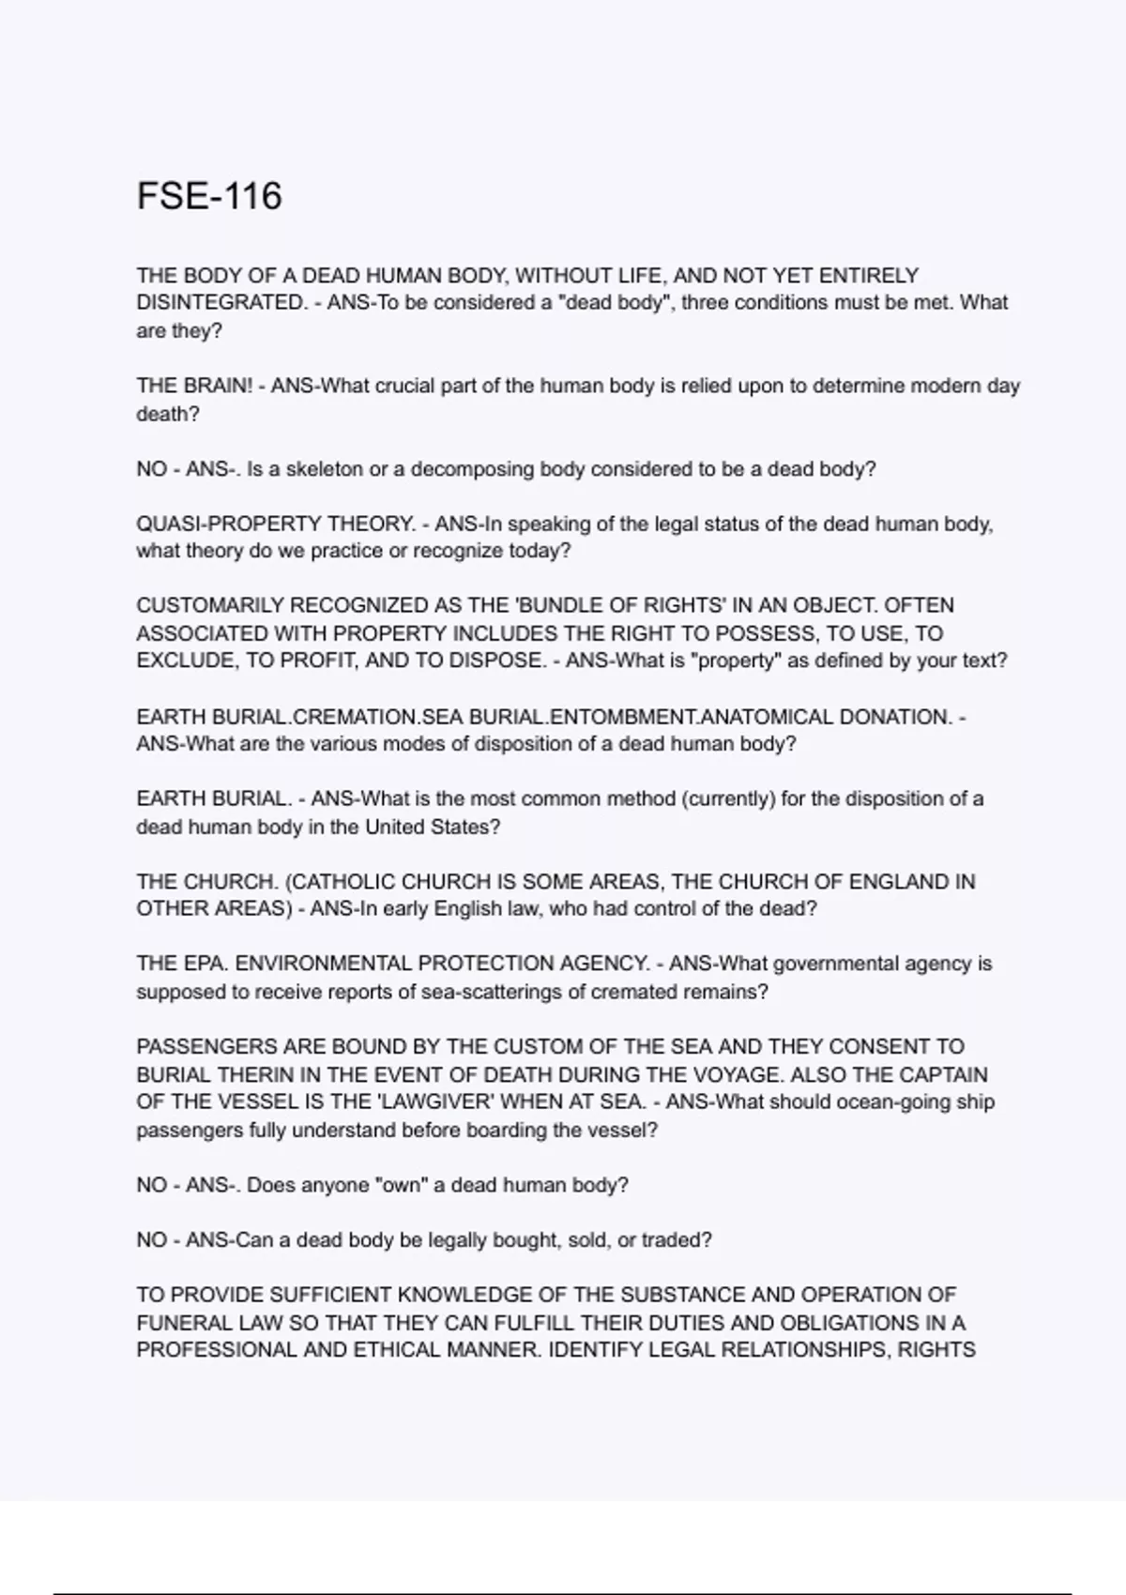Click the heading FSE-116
209,196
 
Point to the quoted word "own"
398,1185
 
